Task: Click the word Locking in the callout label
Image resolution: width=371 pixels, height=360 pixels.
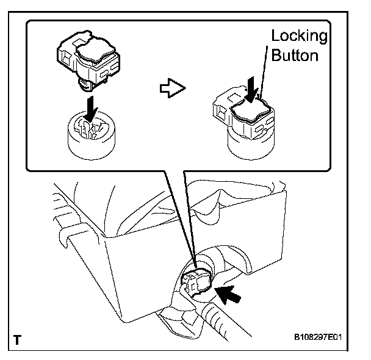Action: point(298,36)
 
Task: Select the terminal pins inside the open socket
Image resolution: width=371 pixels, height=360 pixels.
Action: point(90,128)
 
